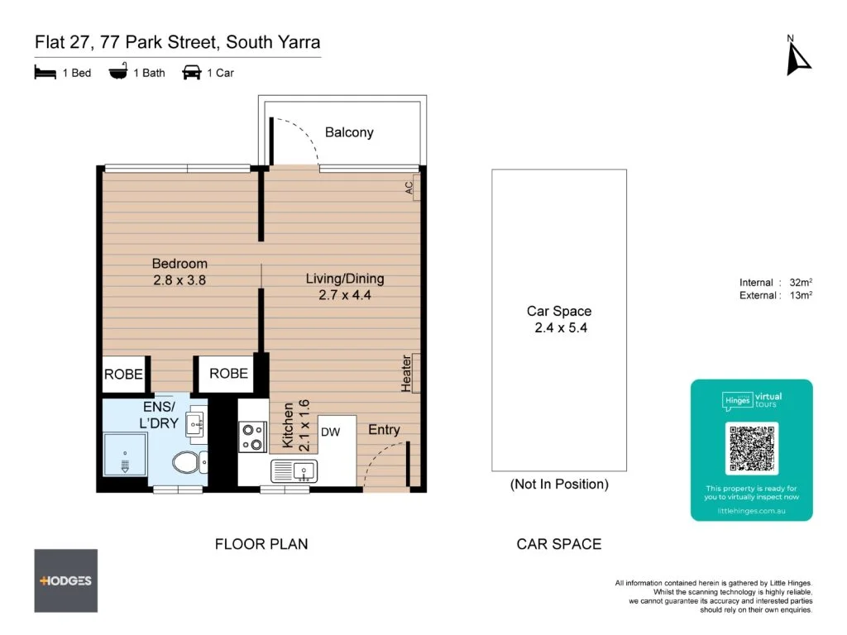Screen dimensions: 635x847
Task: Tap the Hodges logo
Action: tap(65, 580)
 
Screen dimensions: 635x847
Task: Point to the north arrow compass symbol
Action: tap(797, 56)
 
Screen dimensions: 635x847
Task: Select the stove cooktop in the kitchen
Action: tap(252, 437)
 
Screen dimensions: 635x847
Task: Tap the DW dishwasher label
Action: tap(331, 432)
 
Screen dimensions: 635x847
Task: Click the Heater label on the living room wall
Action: tap(406, 374)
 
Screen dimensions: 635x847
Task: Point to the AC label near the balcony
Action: tap(409, 189)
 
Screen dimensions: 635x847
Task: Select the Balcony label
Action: tap(349, 132)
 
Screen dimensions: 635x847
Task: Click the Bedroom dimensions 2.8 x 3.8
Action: tap(179, 280)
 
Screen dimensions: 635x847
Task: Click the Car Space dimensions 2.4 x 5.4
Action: tap(559, 327)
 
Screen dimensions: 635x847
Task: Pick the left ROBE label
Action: tap(123, 375)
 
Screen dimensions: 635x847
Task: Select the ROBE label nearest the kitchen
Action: tap(228, 374)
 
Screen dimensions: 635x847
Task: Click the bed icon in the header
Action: tap(45, 73)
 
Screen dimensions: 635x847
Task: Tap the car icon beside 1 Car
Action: tap(192, 73)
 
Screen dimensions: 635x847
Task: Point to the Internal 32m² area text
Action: tap(776, 282)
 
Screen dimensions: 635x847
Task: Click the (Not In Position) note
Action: tap(559, 485)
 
